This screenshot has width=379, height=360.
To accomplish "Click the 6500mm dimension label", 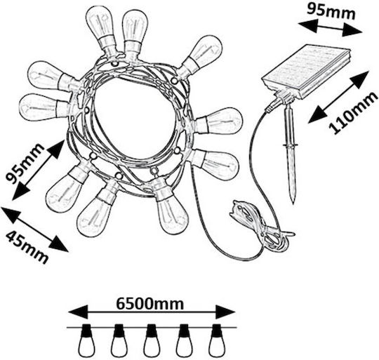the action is click(x=150, y=303).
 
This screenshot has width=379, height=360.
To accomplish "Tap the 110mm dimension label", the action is click(x=353, y=113).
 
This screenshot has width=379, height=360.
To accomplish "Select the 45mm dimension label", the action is click(x=27, y=247).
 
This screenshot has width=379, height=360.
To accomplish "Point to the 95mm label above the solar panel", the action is click(x=331, y=11).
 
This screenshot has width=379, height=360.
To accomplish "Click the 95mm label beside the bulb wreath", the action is click(x=25, y=164).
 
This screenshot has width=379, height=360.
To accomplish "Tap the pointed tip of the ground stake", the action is click(x=293, y=203).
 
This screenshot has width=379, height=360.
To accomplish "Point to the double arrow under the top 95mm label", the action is click(x=331, y=28).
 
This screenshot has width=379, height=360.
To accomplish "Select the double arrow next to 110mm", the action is click(x=339, y=97).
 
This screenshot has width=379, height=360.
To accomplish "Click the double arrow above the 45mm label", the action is click(x=34, y=229).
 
